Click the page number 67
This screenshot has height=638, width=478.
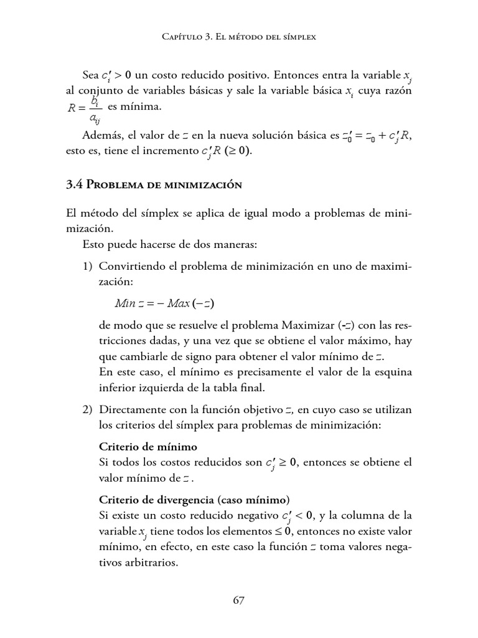pyautogui.click(x=238, y=601)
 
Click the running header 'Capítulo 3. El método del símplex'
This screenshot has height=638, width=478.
pyautogui.click(x=238, y=37)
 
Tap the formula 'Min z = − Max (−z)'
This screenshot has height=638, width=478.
pyautogui.click(x=166, y=303)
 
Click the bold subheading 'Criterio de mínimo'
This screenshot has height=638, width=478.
pyautogui.click(x=148, y=447)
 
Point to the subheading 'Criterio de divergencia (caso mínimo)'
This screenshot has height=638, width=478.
pyautogui.click(x=194, y=500)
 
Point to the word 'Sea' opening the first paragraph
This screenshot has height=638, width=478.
pyautogui.click(x=91, y=75)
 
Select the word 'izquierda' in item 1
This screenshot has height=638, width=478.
pyautogui.click(x=169, y=388)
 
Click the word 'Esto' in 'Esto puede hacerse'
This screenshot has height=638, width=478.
pyautogui.click(x=93, y=244)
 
